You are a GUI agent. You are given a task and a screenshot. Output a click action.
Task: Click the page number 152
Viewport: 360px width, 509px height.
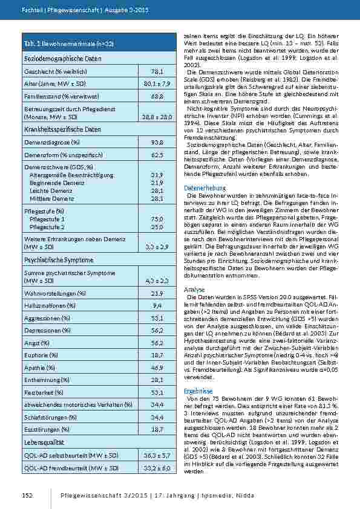click(x=27, y=495)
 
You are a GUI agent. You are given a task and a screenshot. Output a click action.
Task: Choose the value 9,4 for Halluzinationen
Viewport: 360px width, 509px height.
click(x=157, y=305)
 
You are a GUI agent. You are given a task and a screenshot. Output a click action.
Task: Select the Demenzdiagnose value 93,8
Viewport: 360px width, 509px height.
click(x=157, y=142)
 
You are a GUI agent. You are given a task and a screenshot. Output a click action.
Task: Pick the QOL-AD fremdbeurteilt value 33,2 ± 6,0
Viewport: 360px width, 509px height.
click(x=157, y=468)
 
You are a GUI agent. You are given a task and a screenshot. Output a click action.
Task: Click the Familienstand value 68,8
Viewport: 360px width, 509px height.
click(x=157, y=96)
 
